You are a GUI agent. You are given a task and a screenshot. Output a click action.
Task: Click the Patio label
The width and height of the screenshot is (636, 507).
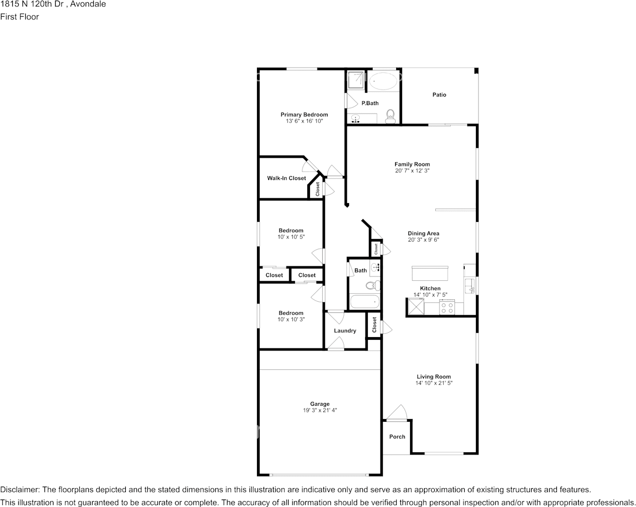pyautogui.click(x=439, y=95)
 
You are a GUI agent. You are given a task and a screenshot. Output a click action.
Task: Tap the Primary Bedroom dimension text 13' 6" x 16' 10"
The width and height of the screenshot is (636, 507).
pyautogui.click(x=304, y=121)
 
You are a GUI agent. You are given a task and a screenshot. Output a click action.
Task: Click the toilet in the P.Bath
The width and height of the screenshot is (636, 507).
pyautogui.click(x=391, y=115)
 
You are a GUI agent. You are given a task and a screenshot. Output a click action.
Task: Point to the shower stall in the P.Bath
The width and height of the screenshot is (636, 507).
pyautogui.click(x=355, y=80)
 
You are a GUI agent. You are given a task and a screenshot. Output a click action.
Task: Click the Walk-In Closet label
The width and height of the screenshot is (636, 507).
pyautogui.click(x=286, y=178)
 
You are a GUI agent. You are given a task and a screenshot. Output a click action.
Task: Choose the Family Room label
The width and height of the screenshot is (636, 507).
pyautogui.click(x=412, y=164)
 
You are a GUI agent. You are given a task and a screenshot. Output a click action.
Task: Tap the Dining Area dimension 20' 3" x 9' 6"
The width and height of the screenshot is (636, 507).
pyautogui.click(x=423, y=240)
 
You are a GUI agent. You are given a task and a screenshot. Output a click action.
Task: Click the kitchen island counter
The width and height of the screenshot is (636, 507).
pyautogui.click(x=430, y=273)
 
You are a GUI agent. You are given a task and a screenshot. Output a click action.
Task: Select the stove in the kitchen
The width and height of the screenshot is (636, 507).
pyautogui.click(x=446, y=308)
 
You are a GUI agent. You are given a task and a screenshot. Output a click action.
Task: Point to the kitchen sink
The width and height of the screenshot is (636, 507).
pyautogui.click(x=470, y=286)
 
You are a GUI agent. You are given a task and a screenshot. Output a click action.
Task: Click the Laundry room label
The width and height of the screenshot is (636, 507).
pyautogui.click(x=345, y=331)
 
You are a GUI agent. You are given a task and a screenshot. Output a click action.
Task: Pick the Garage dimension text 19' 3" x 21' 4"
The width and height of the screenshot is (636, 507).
pyautogui.click(x=320, y=411)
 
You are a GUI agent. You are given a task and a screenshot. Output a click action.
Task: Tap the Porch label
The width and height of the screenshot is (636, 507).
pyautogui.click(x=397, y=437)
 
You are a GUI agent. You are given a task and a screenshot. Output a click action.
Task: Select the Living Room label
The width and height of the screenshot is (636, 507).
pyautogui.click(x=434, y=377)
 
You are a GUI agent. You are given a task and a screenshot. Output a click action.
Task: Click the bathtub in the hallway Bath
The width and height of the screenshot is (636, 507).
pyautogui.click(x=365, y=302)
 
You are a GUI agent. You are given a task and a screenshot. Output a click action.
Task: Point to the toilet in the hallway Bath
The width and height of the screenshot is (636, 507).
pyautogui.click(x=376, y=285)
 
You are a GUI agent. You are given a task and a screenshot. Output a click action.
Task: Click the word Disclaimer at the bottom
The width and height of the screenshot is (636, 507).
pyautogui.click(x=19, y=490)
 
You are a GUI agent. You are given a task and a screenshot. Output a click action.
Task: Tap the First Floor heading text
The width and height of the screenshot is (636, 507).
pyautogui.click(x=19, y=17)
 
